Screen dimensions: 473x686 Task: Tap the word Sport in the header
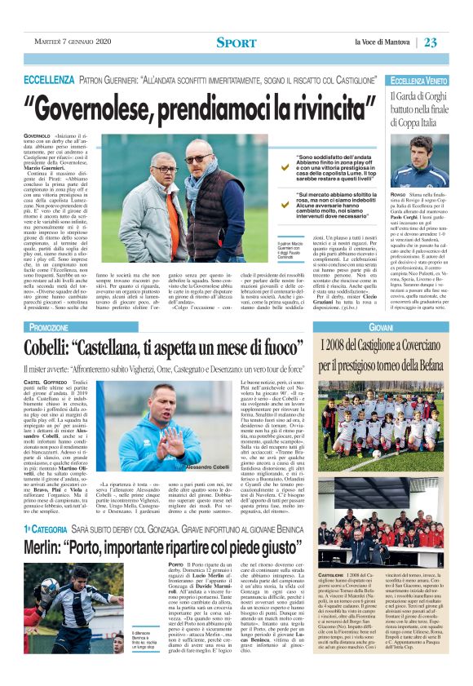(x=236, y=42)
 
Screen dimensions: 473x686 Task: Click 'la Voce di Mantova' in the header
(x=383, y=42)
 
